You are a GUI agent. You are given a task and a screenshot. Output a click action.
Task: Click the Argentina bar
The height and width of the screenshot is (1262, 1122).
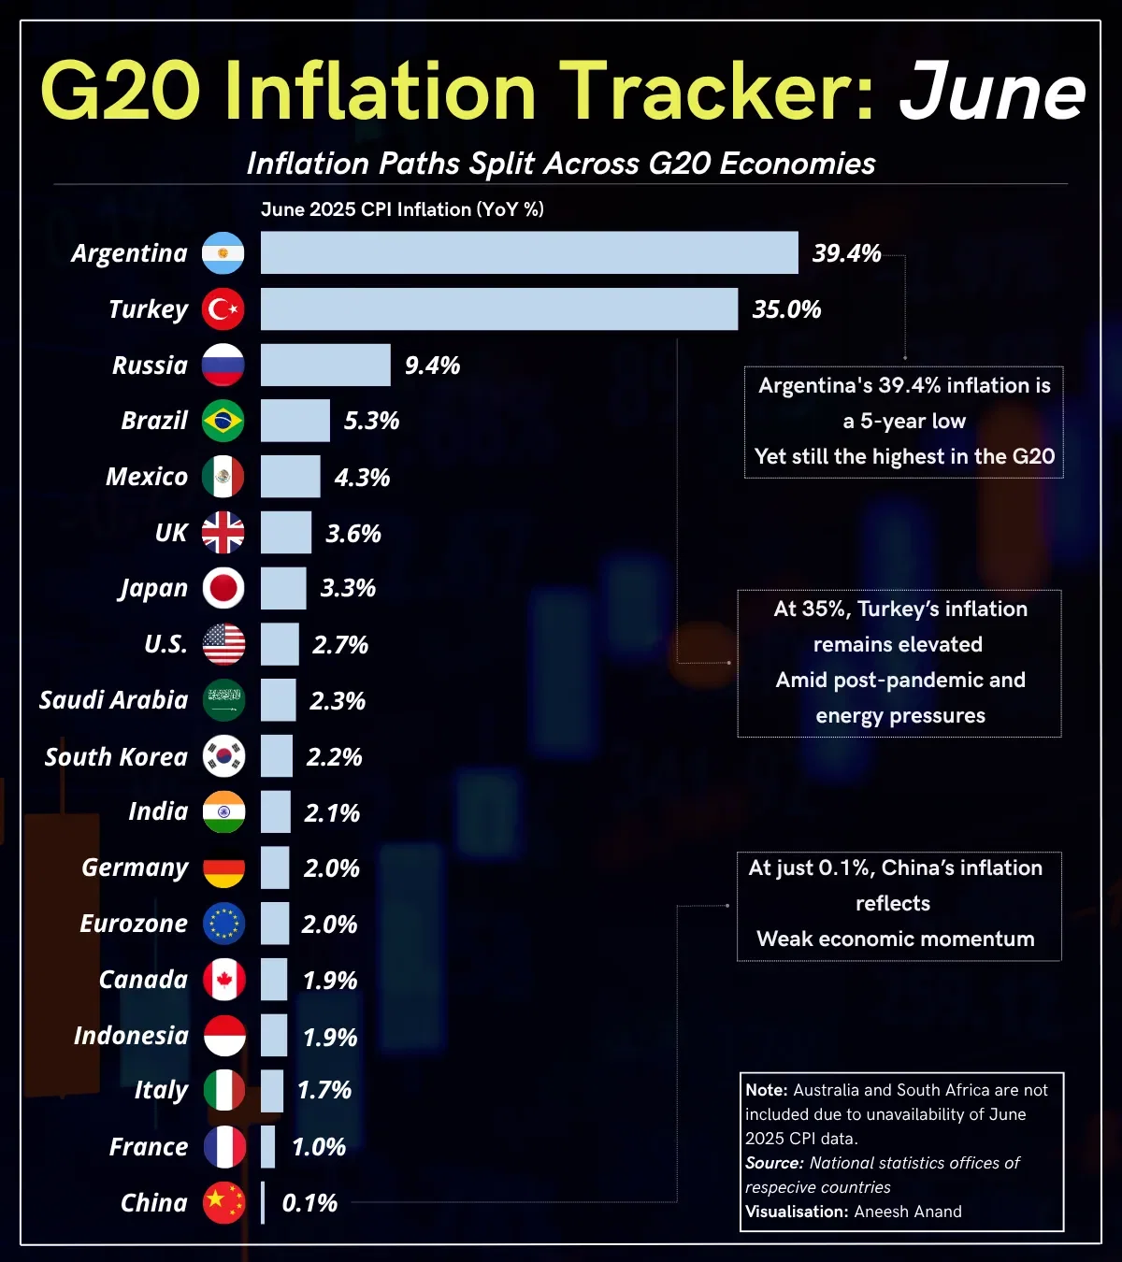[529, 252]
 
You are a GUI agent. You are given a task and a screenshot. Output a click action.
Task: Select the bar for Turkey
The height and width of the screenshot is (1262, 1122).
[499, 308]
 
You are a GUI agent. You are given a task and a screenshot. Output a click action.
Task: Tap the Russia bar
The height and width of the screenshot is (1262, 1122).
[325, 365]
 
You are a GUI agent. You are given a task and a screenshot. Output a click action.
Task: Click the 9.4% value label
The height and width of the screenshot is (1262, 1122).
[432, 366]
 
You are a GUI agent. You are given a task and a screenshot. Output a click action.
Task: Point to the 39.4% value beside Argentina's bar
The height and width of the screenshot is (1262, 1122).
[846, 253]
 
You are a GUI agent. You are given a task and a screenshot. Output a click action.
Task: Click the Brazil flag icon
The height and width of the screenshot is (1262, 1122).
[223, 421]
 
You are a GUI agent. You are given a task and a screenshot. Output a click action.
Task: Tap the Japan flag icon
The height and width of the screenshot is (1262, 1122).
[223, 588]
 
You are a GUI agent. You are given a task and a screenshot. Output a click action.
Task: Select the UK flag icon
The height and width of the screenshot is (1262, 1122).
[223, 533]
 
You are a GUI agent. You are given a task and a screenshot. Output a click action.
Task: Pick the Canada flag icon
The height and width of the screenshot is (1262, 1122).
[223, 980]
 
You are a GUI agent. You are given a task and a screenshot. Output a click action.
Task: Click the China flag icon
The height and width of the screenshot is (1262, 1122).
[223, 1202]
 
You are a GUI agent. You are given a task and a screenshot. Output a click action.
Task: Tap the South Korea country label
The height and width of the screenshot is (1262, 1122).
[116, 756]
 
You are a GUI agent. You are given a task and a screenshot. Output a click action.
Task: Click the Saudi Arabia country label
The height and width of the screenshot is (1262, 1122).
[113, 700]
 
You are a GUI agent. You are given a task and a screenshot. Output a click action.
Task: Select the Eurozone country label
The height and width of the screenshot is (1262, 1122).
[134, 924]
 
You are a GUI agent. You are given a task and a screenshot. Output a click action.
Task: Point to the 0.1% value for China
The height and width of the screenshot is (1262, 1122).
[309, 1203]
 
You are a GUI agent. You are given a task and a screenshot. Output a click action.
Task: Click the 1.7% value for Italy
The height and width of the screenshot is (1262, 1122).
[324, 1090]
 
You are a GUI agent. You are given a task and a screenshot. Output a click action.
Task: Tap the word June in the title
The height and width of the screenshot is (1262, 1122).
[992, 92]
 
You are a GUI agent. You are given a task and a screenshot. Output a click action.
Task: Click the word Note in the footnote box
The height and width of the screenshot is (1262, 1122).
[766, 1090]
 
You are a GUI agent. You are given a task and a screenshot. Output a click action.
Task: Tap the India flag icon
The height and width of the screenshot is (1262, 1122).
[223, 811]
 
